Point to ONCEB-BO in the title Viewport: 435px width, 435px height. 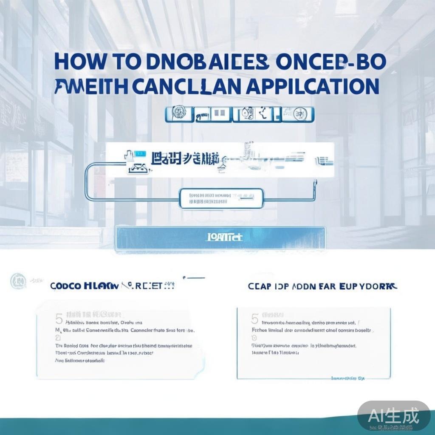(x=330, y=62)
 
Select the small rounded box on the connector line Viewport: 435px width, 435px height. (x=221, y=198)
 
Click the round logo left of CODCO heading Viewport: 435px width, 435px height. (x=18, y=281)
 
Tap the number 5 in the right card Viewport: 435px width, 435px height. (x=255, y=319)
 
